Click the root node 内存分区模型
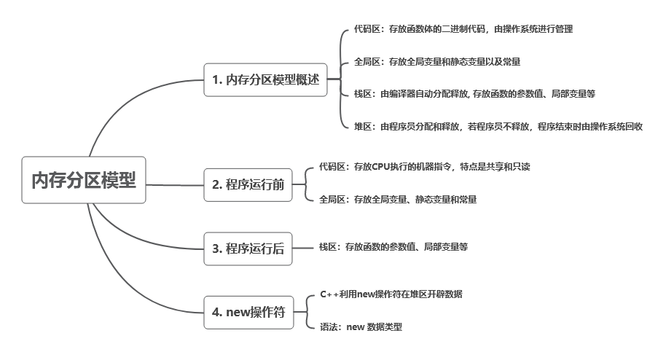click(x=83, y=180)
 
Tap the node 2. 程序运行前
click(x=248, y=184)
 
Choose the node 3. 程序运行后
click(x=248, y=248)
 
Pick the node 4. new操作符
click(x=248, y=312)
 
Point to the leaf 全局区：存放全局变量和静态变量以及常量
click(x=436, y=61)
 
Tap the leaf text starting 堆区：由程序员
click(x=498, y=126)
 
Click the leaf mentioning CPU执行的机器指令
click(x=424, y=166)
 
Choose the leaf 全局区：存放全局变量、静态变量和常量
click(x=398, y=199)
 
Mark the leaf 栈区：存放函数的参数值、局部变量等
click(x=393, y=247)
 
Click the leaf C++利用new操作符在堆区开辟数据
click(x=391, y=294)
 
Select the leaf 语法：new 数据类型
click(x=361, y=327)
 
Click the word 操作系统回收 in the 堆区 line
click(x=616, y=126)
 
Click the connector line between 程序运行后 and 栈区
click(x=302, y=248)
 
